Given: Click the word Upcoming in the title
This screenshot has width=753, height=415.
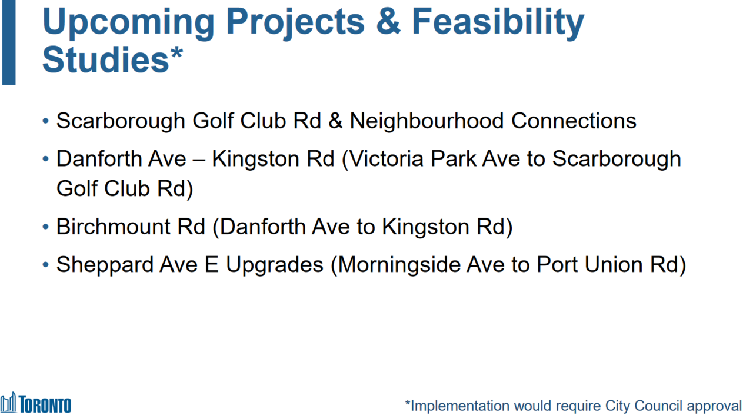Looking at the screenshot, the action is click(128, 23).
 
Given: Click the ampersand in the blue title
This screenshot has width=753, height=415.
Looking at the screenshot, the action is click(388, 21).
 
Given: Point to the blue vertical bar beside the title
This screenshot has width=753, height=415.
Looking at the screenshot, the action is click(9, 42).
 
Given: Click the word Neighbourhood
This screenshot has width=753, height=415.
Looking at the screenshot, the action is click(427, 121).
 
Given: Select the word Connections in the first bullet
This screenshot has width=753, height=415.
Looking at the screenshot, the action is click(574, 121).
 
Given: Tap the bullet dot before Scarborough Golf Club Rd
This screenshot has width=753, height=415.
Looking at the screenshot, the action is click(46, 121).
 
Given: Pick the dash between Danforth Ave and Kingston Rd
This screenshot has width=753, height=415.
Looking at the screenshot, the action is click(199, 161).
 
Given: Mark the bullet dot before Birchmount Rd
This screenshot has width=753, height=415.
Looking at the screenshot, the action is click(46, 227).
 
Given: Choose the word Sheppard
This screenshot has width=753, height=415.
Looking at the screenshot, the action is click(105, 265).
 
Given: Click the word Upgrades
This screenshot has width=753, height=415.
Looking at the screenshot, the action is click(274, 265).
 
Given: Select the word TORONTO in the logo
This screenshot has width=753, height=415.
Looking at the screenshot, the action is click(45, 404).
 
